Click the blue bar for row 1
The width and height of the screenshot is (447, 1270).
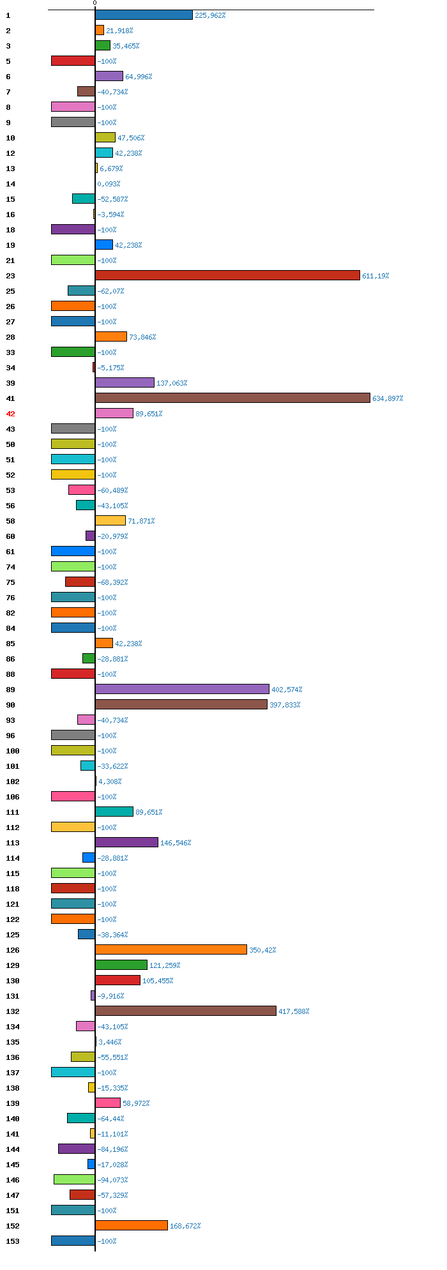pos(144,15)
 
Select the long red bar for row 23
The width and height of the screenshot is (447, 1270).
pos(227,275)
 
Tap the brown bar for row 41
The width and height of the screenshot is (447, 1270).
pos(232,398)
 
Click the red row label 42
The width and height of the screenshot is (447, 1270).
pos(10,414)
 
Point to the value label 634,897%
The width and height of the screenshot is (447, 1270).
pos(388,398)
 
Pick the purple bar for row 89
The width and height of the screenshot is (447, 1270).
pos(182,689)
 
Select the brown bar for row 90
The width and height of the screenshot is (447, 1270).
pos(181,704)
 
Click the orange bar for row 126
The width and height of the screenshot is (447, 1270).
pos(171,949)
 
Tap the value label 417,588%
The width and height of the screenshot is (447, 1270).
pos(294,1011)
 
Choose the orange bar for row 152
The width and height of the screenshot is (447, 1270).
pos(132,1225)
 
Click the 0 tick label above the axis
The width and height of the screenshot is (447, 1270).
pos(95,3)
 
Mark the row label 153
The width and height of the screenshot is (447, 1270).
pos(13,1241)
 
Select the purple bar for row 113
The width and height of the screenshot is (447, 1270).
pos(126,842)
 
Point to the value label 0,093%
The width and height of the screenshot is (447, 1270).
pos(109,184)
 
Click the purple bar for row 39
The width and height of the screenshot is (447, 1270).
pos(125,382)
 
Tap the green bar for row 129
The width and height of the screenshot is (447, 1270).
pos(121,965)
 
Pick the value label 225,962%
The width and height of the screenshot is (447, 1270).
pos(210,15)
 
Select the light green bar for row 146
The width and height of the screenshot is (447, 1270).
pos(74,1179)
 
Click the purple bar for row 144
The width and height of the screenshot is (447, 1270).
pos(77,1149)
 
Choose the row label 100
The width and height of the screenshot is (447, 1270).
pos(13,751)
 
